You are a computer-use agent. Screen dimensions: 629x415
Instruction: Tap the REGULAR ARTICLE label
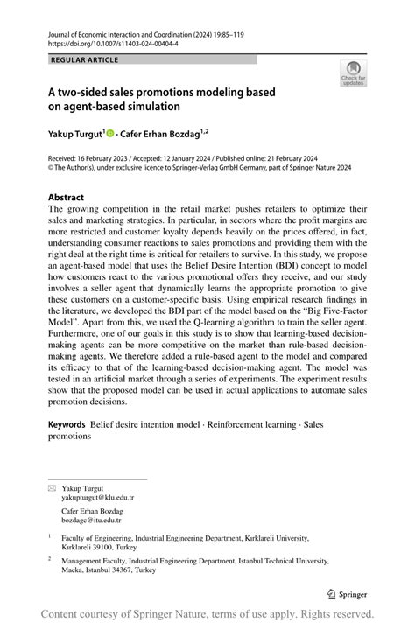click(85, 59)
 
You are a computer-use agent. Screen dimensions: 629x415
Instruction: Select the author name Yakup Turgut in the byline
click(74, 133)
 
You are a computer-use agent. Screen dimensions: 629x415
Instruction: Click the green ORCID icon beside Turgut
click(110, 133)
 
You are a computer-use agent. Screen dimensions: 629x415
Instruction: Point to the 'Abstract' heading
click(67, 198)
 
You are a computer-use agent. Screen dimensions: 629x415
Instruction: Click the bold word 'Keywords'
click(67, 423)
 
